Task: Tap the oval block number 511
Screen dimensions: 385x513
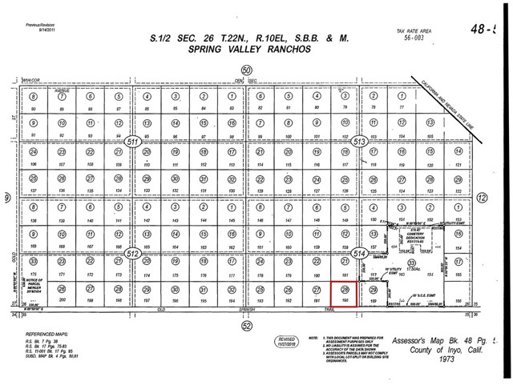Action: coord(132,142)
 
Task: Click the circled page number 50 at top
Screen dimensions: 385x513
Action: coord(247,70)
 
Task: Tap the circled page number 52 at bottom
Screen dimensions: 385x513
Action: coord(247,325)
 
